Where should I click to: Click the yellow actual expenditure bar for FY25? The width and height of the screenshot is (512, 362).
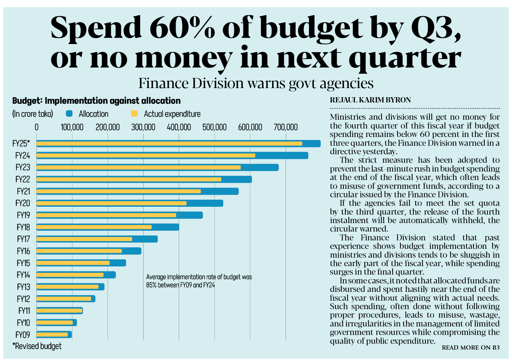tap(169, 144)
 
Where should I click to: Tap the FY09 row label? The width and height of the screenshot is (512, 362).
tap(23, 335)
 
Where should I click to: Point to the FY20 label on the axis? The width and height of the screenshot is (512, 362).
tap(23, 204)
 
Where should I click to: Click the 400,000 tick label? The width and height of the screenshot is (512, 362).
tap(179, 127)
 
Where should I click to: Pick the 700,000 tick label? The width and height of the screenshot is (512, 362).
tap(285, 127)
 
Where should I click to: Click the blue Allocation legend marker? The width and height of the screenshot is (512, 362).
tap(69, 113)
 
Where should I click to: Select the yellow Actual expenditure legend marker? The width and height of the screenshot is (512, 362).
tap(134, 113)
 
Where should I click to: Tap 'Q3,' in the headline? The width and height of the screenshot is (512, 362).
tap(436, 28)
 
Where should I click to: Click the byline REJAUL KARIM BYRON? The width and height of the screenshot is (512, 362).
tap(370, 100)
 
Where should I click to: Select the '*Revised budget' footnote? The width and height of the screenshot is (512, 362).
tap(37, 346)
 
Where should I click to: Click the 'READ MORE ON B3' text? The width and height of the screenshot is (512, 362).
tap(470, 348)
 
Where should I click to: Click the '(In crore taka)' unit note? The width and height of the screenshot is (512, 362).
tap(33, 114)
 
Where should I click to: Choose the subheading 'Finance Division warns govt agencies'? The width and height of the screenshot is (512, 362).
tap(256, 83)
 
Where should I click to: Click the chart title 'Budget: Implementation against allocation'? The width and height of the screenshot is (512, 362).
tap(96, 101)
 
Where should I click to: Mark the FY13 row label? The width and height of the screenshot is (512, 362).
tap(23, 287)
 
